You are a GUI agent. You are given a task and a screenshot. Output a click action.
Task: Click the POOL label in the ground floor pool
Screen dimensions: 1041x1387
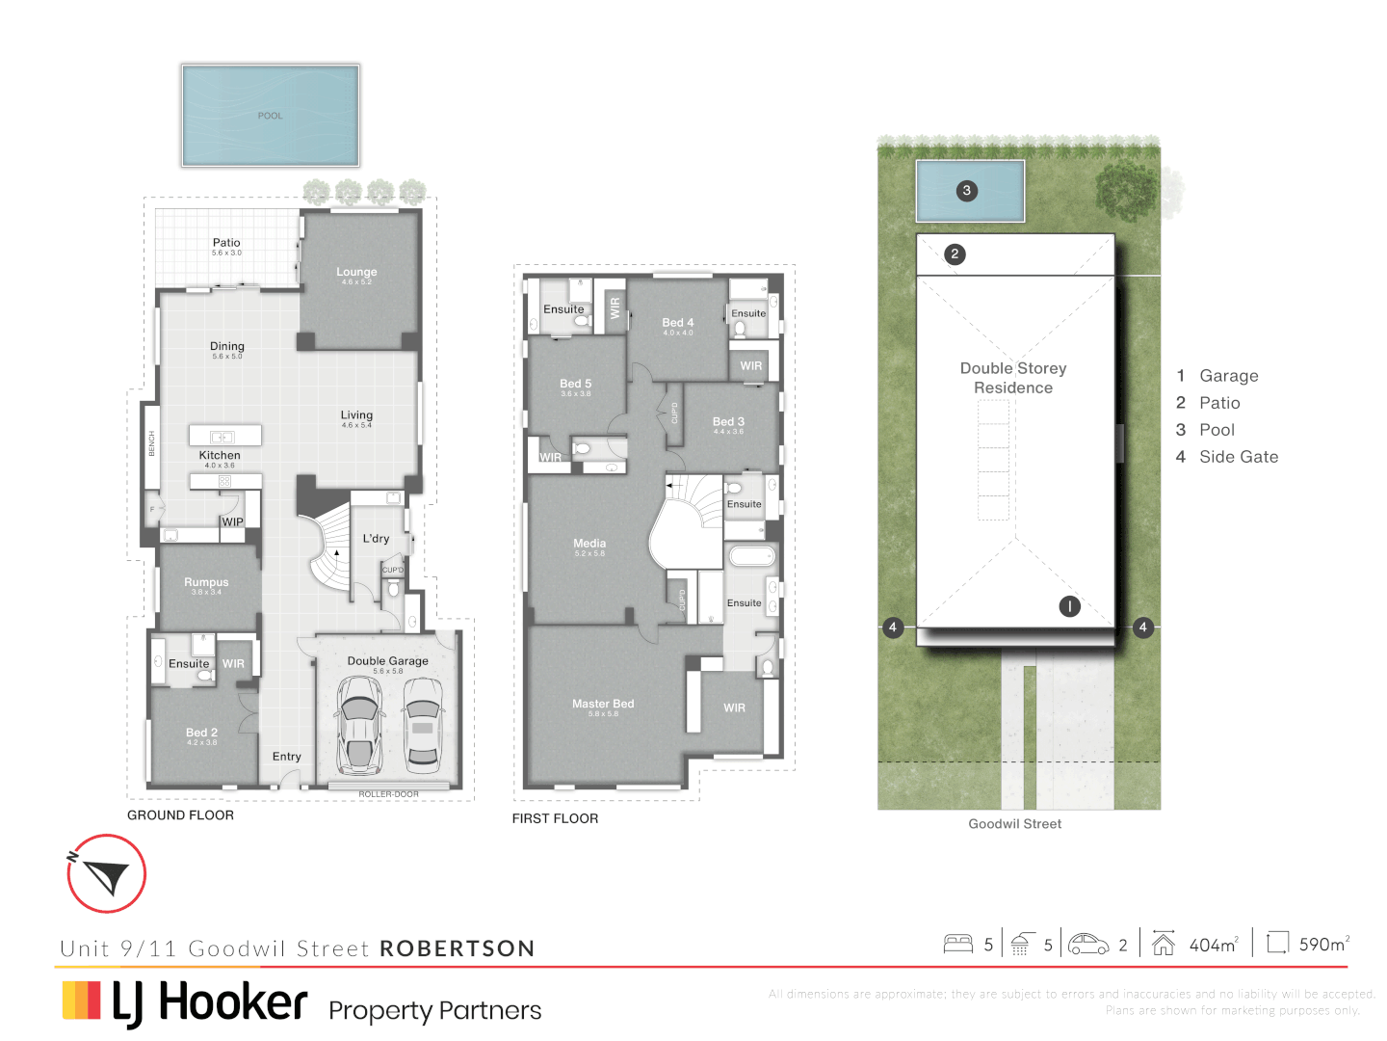click(270, 116)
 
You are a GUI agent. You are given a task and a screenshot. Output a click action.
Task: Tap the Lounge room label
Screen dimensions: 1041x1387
click(356, 273)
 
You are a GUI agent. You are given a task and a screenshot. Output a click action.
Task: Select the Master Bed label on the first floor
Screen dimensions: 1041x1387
click(603, 705)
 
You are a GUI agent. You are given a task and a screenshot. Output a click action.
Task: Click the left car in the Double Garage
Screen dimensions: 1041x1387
click(359, 724)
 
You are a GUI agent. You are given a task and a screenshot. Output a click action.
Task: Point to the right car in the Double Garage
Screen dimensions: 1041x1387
click(423, 724)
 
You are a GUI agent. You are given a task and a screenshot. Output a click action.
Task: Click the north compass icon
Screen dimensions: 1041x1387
click(106, 873)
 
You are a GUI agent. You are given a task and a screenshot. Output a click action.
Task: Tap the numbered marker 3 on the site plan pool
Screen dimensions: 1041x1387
click(967, 191)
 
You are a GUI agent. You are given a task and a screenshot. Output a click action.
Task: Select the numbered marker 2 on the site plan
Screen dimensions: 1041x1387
click(955, 254)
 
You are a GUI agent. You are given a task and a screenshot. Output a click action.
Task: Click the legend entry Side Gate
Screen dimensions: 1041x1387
click(1238, 457)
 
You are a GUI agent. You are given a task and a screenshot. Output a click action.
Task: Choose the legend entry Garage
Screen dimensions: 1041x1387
click(1228, 376)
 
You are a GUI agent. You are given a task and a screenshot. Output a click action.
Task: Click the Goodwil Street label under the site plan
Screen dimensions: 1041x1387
click(1014, 824)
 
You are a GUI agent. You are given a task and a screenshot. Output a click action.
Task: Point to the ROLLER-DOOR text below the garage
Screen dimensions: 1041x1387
click(388, 794)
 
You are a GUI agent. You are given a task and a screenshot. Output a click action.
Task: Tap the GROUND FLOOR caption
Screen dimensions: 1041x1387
click(180, 815)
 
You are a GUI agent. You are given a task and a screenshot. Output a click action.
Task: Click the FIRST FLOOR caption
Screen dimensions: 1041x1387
click(555, 818)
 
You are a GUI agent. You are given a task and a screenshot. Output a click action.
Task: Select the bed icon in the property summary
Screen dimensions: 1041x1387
click(957, 944)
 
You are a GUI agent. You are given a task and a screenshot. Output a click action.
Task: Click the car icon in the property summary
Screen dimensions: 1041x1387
click(1088, 944)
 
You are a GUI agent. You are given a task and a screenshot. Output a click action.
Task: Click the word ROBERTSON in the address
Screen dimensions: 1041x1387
click(458, 948)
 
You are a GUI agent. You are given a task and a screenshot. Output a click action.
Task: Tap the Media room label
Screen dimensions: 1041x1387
click(589, 544)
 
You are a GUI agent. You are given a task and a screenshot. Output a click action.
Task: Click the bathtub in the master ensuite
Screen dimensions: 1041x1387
click(751, 556)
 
